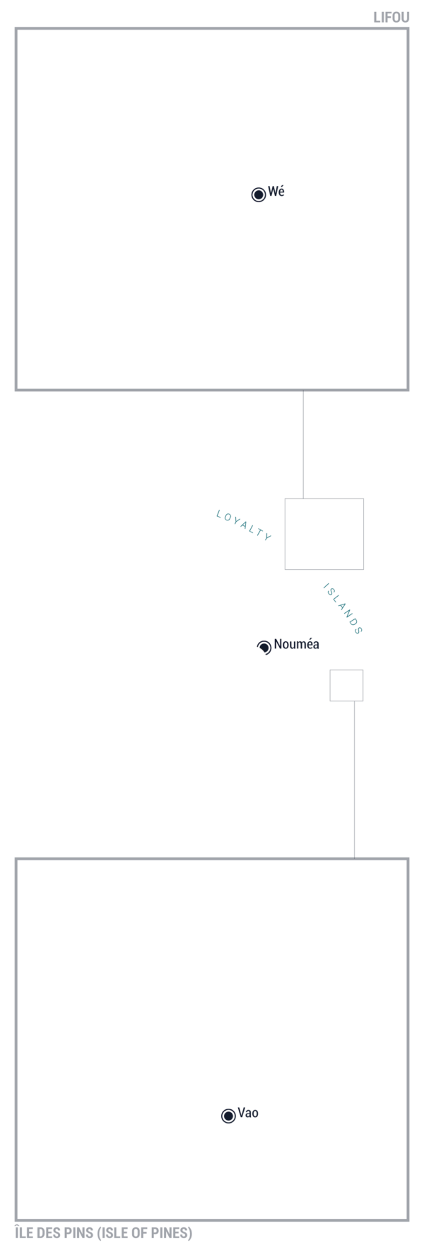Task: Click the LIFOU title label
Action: click(x=391, y=18)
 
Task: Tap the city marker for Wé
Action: click(x=259, y=194)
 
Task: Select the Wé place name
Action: click(x=276, y=192)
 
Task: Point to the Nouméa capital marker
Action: click(x=264, y=647)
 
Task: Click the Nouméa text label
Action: click(x=297, y=644)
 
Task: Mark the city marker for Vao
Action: click(x=228, y=1116)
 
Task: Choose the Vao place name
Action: click(x=248, y=1113)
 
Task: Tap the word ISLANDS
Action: click(x=343, y=609)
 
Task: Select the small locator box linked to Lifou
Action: click(x=324, y=498)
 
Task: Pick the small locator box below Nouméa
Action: click(x=346, y=670)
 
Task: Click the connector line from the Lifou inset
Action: click(x=303, y=444)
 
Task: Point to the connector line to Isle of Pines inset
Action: click(x=354, y=780)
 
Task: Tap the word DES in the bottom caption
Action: click(x=49, y=1233)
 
